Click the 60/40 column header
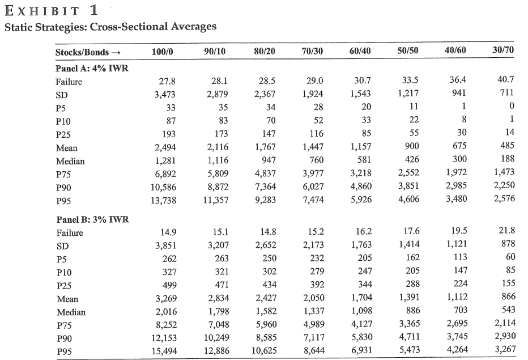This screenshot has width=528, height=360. pyautogui.click(x=360, y=51)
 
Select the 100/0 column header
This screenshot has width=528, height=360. pyautogui.click(x=162, y=52)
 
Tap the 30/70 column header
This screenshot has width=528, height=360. pyautogui.click(x=503, y=50)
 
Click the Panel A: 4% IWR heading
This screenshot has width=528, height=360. pyautogui.click(x=92, y=69)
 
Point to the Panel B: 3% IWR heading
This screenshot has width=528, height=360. pyautogui.click(x=92, y=219)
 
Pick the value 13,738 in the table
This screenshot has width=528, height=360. pyautogui.click(x=163, y=200)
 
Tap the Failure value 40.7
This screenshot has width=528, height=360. pyautogui.click(x=505, y=79)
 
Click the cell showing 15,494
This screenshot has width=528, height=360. pyautogui.click(x=164, y=351)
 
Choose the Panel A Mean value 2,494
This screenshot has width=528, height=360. pyautogui.click(x=165, y=147)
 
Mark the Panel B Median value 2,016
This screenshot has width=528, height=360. pyautogui.click(x=166, y=311)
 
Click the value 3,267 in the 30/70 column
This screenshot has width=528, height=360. pyautogui.click(x=505, y=349)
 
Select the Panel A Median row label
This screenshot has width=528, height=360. pyautogui.click(x=70, y=162)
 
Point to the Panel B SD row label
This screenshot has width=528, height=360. pyautogui.click(x=63, y=247)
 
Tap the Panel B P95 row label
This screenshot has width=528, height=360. pyautogui.click(x=64, y=352)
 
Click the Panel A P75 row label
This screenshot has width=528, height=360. pyautogui.click(x=63, y=175)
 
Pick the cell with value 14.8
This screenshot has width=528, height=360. pyautogui.click(x=268, y=231)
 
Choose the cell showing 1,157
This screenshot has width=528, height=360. pyautogui.click(x=361, y=147)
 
